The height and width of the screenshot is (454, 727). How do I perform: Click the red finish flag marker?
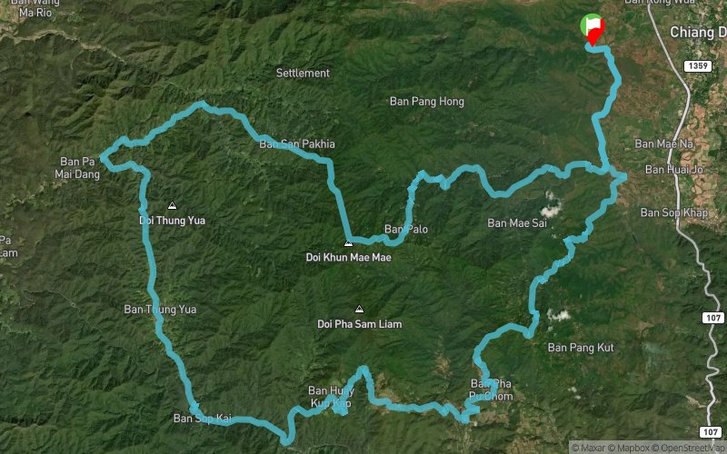(x=594, y=32)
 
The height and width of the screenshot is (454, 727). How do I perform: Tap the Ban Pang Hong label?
(x=426, y=102)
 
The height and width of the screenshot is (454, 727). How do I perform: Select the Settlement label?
(x=303, y=73)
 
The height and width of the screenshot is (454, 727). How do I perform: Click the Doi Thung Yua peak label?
(x=171, y=220)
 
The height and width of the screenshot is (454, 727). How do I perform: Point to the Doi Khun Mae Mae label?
(x=348, y=258)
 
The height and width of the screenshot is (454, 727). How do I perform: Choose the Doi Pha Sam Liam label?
(x=359, y=323)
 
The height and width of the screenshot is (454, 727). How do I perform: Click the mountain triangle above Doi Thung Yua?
(x=172, y=205)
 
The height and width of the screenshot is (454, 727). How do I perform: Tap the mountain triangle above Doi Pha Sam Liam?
(x=359, y=309)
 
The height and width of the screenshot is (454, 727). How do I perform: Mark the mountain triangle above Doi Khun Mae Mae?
(x=348, y=243)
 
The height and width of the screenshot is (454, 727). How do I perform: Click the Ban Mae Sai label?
(x=517, y=222)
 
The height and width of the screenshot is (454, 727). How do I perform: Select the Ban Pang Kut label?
(x=582, y=348)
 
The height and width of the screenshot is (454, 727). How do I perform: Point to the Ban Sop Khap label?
(x=673, y=212)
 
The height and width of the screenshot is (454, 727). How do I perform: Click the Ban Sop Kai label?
(x=202, y=419)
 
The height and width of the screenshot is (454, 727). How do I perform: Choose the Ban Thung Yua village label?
(x=160, y=310)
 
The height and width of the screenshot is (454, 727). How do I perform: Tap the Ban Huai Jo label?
(x=673, y=169)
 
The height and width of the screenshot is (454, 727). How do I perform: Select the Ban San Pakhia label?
(x=297, y=143)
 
